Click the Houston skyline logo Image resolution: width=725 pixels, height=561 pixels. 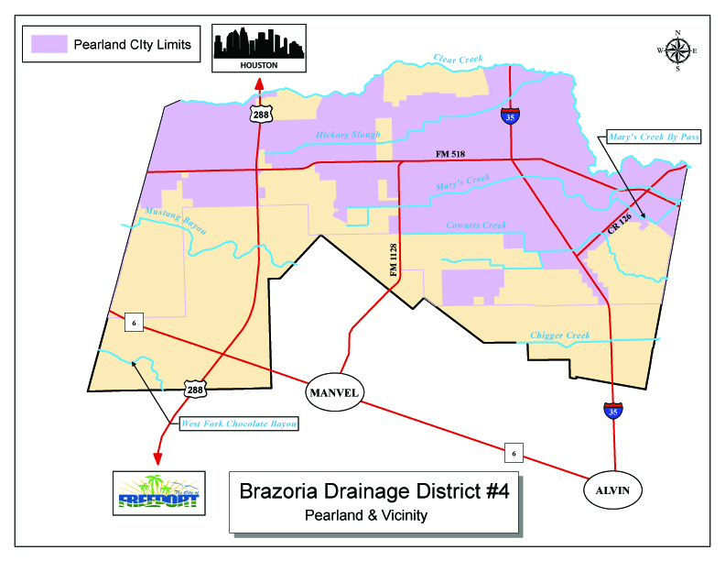[x=259, y=48]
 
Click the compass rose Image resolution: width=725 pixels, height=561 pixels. [x=677, y=50]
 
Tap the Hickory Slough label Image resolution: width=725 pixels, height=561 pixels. [x=348, y=135]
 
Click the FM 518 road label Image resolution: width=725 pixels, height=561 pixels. [x=451, y=154]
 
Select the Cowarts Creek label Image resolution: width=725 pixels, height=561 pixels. [x=475, y=225]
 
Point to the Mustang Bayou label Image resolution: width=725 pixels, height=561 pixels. [x=176, y=221]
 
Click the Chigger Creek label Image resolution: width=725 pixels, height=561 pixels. [x=559, y=335]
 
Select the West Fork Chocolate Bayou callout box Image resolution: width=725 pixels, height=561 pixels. [x=239, y=423]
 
